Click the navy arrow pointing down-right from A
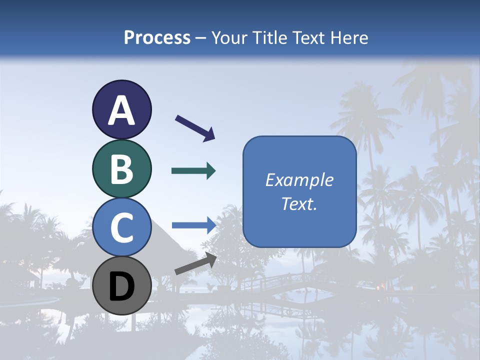194,127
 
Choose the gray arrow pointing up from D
195,263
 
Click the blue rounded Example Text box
299,191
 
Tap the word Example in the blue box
299,180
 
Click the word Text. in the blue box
299,204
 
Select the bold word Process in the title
157,37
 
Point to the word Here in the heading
349,37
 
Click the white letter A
121,110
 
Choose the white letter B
121,169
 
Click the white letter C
121,228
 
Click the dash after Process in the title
201,38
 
